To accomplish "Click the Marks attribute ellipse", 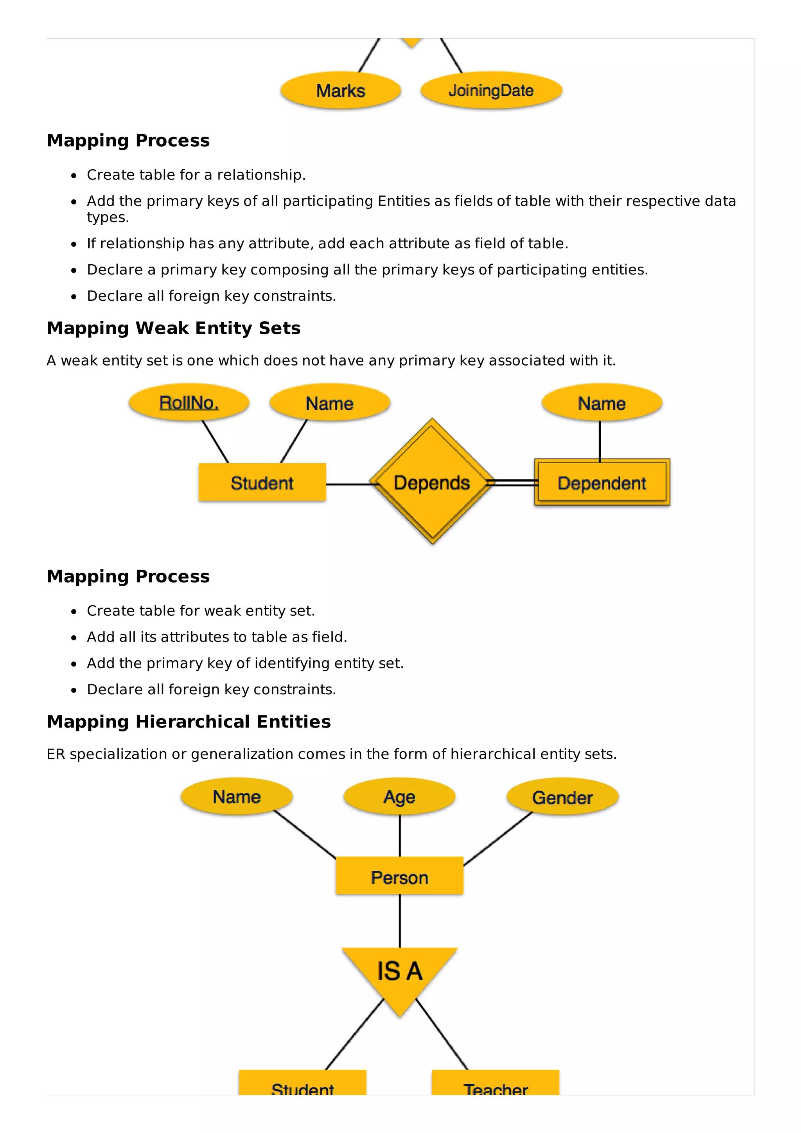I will pos(341,90).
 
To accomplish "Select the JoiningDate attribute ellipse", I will pos(491,90).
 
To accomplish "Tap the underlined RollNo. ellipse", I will pos(189,403).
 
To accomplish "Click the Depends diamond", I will pos(432,482).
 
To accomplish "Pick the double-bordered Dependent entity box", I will pos(602,482).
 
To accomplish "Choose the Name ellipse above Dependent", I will pos(602,403).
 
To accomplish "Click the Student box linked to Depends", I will pos(262,482).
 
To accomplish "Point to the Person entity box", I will pos(399,877).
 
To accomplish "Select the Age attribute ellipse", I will pos(399,796).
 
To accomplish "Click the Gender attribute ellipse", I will pos(562,797).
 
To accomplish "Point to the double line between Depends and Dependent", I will pos(513,482).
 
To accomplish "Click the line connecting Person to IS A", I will pos(400,921).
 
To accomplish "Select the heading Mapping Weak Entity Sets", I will pos(174,328).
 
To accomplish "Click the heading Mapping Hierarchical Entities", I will pos(189,721).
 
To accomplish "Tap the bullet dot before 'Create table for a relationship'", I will pos(74,176).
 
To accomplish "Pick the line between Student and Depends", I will pos(348,484).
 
